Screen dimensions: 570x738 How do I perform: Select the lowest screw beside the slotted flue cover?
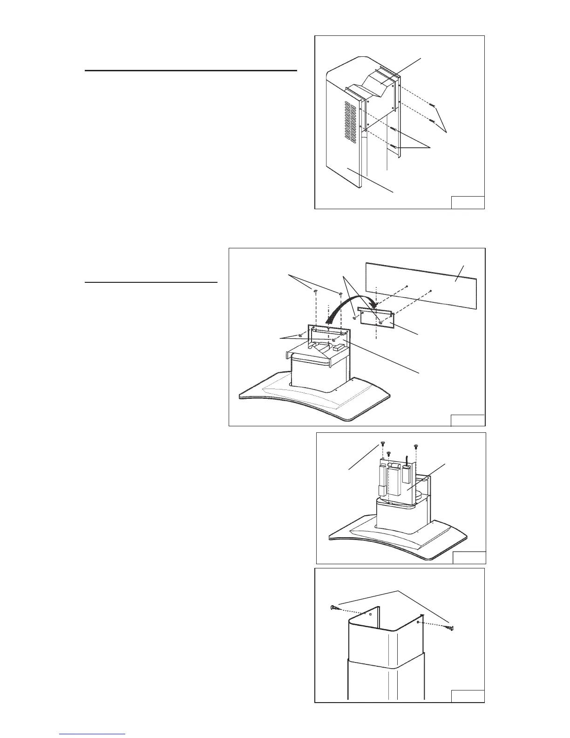tap(394, 147)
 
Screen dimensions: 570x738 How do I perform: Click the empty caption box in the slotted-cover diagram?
tap(468, 203)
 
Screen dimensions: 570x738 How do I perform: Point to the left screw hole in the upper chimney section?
tap(370, 615)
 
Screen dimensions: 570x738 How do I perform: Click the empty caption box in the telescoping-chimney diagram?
tap(468, 695)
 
